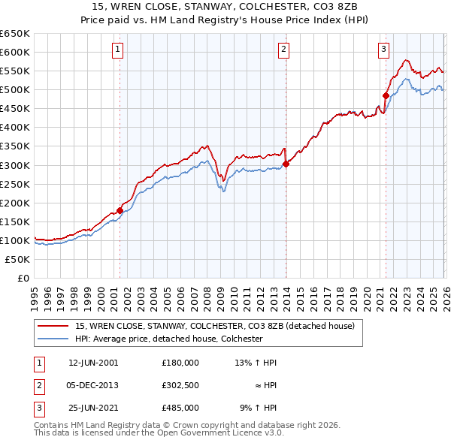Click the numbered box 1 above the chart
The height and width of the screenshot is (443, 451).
point(119,50)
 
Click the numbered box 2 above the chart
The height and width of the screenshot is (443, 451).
point(284,50)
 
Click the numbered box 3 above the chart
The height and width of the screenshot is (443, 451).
point(383,50)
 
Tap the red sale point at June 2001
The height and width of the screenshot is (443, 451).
point(120,210)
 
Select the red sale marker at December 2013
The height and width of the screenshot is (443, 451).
point(286,164)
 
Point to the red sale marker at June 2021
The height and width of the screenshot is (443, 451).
point(386,95)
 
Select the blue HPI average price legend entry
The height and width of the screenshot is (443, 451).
point(168,339)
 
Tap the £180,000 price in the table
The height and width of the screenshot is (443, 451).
point(180,363)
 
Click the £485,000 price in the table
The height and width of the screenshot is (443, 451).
point(180,408)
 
